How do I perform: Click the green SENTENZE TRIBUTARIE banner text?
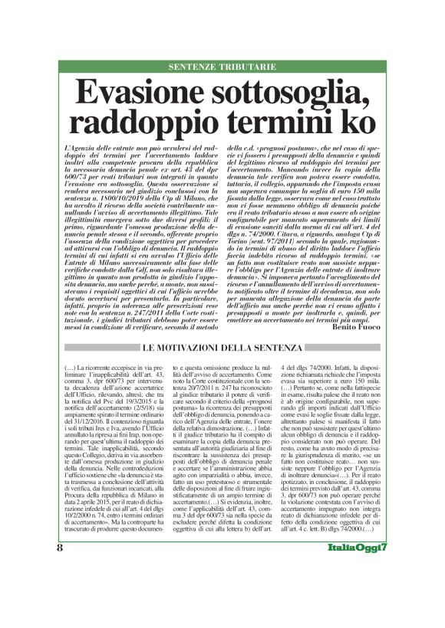pyautogui.click(x=222, y=67)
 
